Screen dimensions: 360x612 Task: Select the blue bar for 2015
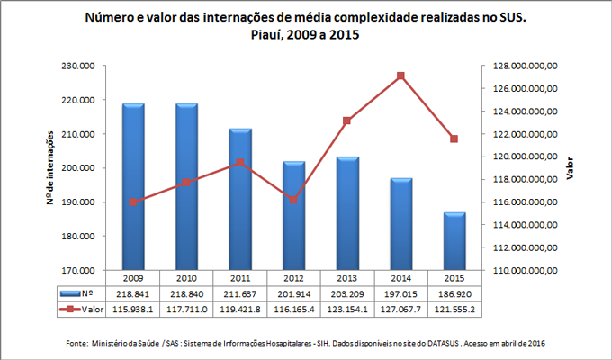point(454,240)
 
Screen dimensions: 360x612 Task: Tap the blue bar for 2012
point(294,215)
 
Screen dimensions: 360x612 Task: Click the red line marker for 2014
point(400,76)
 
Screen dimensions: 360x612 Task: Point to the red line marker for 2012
point(294,199)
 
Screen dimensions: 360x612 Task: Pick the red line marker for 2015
point(454,139)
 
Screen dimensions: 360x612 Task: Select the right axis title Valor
point(569,168)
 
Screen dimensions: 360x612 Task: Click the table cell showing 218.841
point(133,293)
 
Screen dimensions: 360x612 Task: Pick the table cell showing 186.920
point(454,293)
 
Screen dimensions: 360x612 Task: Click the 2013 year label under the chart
point(347,278)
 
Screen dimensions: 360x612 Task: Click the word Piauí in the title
point(262,35)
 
